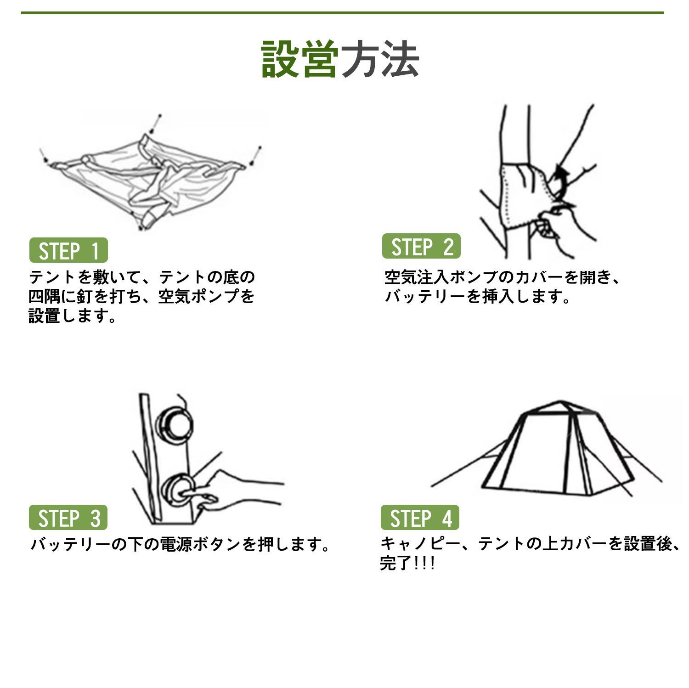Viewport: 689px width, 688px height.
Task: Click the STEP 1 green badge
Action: (x=68, y=251)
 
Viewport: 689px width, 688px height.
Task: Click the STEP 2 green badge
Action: (x=421, y=247)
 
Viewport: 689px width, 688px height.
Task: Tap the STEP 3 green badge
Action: (x=68, y=518)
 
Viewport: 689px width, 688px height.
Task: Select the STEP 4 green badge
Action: (x=420, y=518)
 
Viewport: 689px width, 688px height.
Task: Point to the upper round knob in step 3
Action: (x=173, y=423)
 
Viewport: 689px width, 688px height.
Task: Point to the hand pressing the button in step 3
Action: (x=239, y=491)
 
